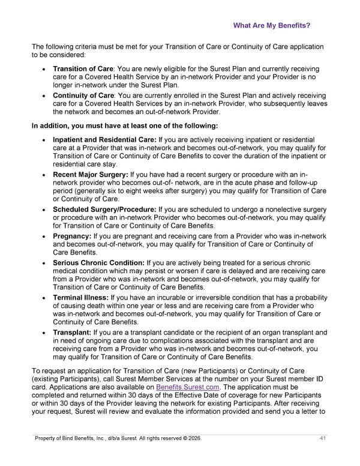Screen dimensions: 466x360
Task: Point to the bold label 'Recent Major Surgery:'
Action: click(90, 174)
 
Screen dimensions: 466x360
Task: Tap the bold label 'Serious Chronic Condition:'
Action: click(98, 262)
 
